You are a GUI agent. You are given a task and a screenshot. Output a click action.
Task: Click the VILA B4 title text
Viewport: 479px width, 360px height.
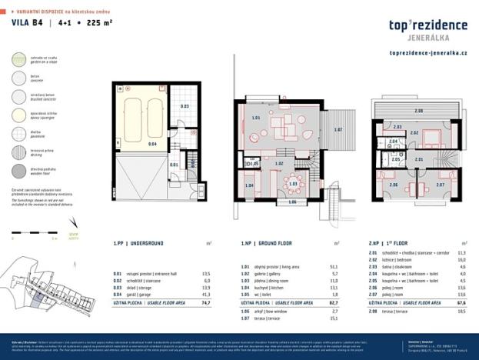[x=26, y=23]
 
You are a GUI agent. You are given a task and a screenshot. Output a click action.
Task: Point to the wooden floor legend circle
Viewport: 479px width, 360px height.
[x=18, y=170]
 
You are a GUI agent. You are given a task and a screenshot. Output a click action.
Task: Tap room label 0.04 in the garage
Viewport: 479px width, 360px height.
[x=131, y=143]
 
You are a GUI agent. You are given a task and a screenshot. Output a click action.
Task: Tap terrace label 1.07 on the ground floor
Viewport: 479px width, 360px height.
[x=338, y=129]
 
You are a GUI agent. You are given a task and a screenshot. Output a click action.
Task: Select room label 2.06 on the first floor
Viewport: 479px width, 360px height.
[x=393, y=185]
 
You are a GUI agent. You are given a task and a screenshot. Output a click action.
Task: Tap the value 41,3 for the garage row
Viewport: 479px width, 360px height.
[x=205, y=295]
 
